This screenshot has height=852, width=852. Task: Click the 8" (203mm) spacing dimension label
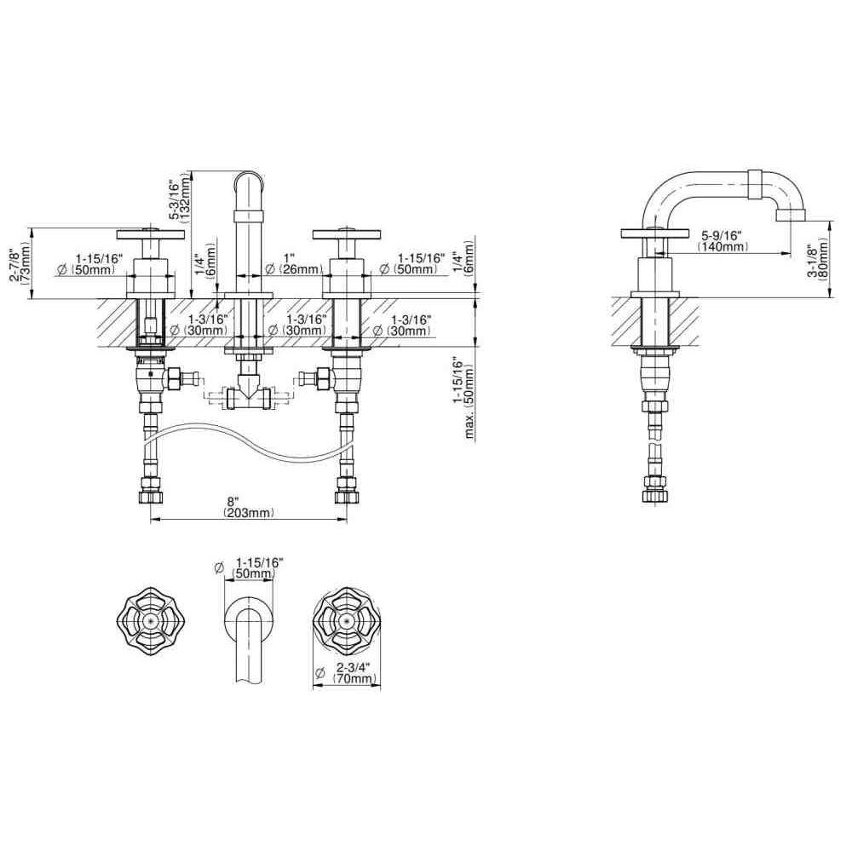pyautogui.click(x=248, y=507)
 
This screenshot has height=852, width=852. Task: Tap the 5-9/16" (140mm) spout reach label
pyautogui.click(x=722, y=241)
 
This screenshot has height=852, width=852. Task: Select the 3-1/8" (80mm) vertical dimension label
pyautogui.click(x=817, y=260)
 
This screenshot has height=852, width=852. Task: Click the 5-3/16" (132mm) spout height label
pyautogui.click(x=178, y=202)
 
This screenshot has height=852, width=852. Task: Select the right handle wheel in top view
pyautogui.click(x=346, y=621)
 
